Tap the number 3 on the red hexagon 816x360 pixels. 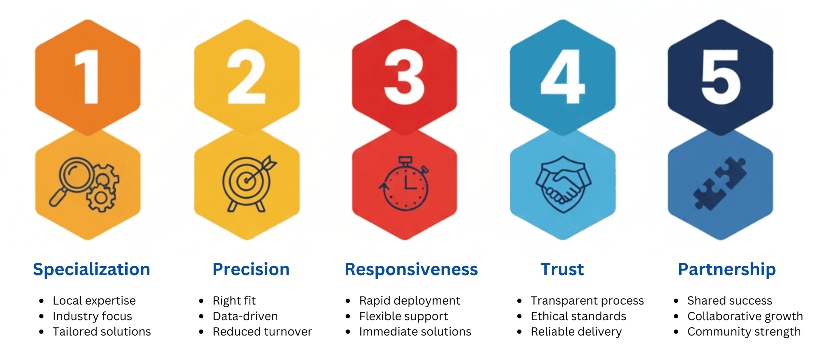point(404,76)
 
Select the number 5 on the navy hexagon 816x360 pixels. point(721,77)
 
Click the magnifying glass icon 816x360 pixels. point(72,180)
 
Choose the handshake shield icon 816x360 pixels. point(563,184)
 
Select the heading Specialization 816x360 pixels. point(92,270)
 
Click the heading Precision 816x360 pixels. point(251,270)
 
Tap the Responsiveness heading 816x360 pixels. point(411,270)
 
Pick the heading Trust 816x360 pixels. point(562,270)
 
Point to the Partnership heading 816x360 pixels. point(727,270)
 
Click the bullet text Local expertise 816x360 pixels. point(94,301)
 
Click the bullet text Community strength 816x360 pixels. point(744,332)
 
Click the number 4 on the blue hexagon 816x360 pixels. point(563,76)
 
